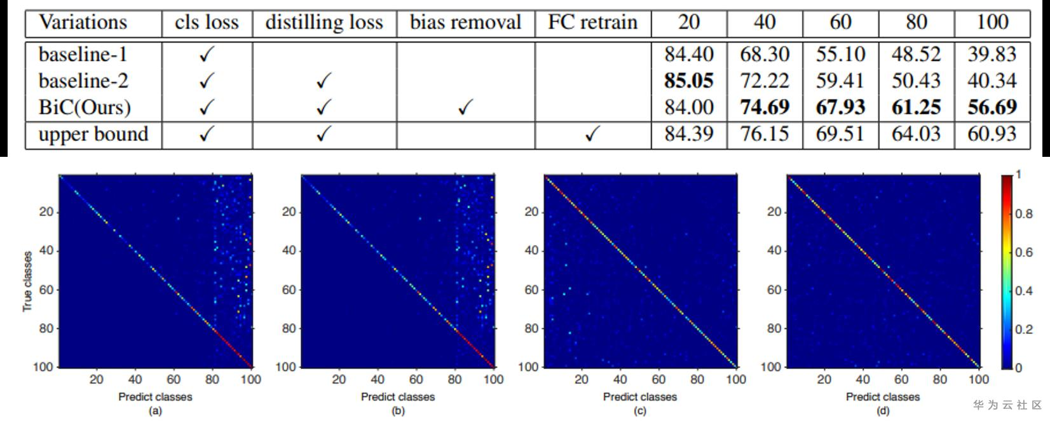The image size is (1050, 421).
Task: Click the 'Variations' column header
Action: click(x=83, y=23)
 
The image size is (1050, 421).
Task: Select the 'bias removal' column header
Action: click(x=465, y=23)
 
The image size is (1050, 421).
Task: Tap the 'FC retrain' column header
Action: click(x=592, y=23)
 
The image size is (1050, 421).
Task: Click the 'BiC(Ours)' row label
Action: click(x=85, y=107)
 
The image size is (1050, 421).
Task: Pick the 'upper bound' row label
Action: click(x=93, y=135)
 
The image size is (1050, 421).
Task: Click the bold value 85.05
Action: click(x=688, y=81)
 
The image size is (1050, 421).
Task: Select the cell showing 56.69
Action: click(x=992, y=107)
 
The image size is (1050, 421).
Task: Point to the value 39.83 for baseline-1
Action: click(x=992, y=55)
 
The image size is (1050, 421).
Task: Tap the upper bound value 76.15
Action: click(x=764, y=135)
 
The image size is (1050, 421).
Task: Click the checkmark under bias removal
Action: click(x=465, y=108)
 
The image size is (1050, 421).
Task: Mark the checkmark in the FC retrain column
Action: click(x=592, y=135)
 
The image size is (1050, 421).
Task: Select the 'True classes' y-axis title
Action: click(x=27, y=281)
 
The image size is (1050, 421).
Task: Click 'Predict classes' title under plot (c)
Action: click(x=640, y=397)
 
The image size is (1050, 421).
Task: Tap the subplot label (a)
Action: click(x=155, y=411)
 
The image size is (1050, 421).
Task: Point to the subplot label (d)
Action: click(x=883, y=411)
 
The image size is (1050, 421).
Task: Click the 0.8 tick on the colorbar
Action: click(x=1024, y=214)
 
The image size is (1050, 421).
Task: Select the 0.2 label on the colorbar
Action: click(x=1024, y=330)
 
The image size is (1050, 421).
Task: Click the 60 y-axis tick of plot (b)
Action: click(x=289, y=290)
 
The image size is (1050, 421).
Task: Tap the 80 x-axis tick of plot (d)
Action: click(x=940, y=380)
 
